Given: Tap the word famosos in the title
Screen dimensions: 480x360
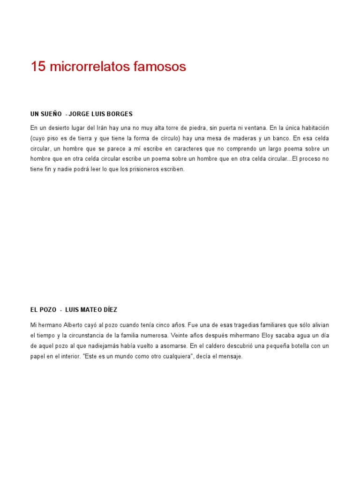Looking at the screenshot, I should pyautogui.click(x=159, y=67).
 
